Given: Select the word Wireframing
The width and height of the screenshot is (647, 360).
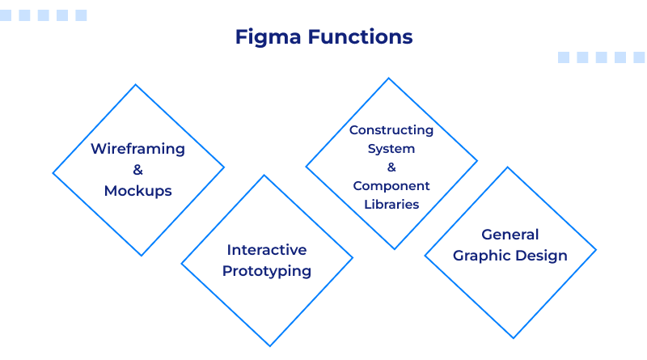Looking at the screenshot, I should click(x=137, y=149).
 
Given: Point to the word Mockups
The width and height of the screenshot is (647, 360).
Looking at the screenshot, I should click(x=137, y=191).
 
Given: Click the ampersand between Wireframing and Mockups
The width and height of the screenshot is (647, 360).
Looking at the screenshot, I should click(x=137, y=170).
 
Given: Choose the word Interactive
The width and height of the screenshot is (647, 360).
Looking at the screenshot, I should click(x=267, y=249).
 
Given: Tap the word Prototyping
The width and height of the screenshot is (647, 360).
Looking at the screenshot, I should click(x=267, y=271).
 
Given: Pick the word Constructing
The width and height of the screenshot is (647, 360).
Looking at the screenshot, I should click(x=391, y=130).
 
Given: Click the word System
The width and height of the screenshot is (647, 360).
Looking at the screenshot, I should click(x=391, y=149).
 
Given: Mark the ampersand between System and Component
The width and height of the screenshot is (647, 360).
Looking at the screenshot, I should click(x=391, y=167).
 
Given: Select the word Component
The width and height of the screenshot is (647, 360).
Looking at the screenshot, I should click(x=391, y=186).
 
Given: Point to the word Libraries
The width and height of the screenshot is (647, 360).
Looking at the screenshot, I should click(x=391, y=205).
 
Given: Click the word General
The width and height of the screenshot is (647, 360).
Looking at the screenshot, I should click(x=510, y=235).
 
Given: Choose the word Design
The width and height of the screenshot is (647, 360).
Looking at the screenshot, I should click(x=543, y=256).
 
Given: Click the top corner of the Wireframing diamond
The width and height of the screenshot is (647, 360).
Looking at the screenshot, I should click(x=138, y=85).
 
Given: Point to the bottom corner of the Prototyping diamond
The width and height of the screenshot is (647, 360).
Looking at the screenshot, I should click(x=267, y=345).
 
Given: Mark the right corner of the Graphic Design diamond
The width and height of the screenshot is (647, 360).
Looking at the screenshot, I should click(x=596, y=252).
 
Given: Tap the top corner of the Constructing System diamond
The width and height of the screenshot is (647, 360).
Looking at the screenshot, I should click(x=391, y=78).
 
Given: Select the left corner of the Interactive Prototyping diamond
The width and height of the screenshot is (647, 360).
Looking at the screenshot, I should click(x=181, y=260).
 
